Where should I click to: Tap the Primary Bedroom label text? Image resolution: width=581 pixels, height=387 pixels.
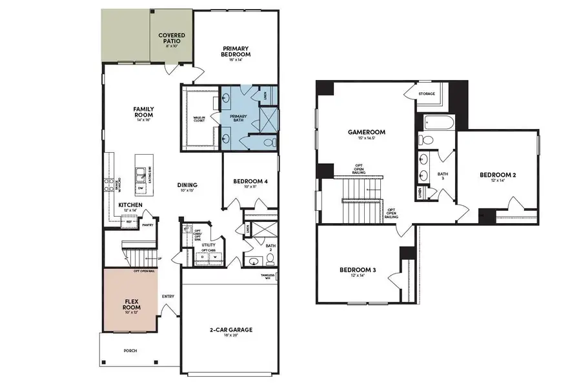pos(236,52)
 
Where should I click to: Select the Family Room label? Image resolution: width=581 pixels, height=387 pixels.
pos(143,114)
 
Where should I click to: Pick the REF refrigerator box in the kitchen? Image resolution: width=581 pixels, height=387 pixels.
pos(130,221)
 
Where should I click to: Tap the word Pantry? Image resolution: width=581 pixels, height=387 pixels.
pos(148,225)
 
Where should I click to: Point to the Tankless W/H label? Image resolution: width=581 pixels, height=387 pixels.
pos(268,277)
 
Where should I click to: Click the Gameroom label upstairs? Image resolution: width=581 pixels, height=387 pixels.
pos(362,134)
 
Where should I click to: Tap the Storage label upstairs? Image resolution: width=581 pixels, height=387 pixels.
pos(427,94)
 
